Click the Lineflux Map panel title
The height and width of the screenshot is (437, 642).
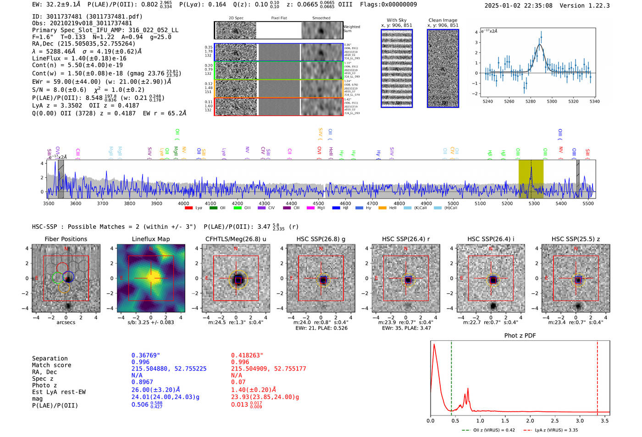(x=150, y=239)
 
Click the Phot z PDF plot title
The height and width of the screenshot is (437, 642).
(x=520, y=336)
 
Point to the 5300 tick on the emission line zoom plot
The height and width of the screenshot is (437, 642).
(x=552, y=101)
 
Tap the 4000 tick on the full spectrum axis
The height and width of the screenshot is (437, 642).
(x=183, y=204)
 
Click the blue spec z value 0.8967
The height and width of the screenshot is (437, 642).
(x=142, y=382)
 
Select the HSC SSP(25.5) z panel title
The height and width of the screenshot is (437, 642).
(x=576, y=239)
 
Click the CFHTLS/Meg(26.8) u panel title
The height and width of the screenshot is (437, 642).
(x=236, y=239)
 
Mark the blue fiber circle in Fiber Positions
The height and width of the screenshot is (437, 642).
(x=68, y=277)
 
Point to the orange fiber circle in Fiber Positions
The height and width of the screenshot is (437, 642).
(x=64, y=288)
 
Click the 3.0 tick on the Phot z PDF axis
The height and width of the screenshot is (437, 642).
(x=580, y=420)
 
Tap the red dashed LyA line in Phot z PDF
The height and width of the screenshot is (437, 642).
(x=598, y=376)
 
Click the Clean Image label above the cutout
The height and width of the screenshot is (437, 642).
(x=443, y=20)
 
